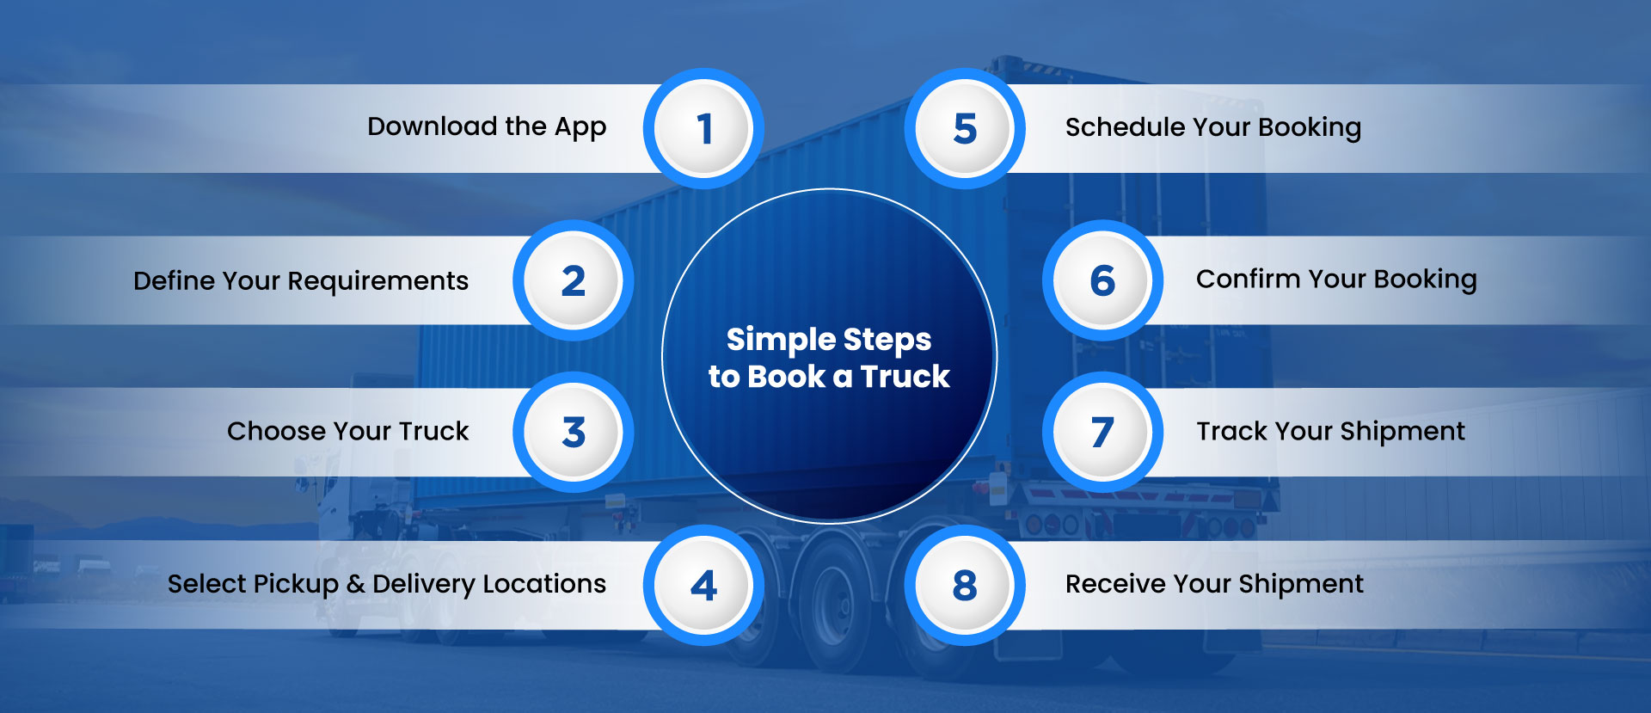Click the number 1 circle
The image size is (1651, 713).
tap(703, 129)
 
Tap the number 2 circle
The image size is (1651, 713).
tap(573, 281)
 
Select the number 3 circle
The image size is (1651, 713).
tap(573, 433)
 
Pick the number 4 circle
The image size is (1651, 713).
tap(703, 586)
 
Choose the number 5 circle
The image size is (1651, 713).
tap(965, 129)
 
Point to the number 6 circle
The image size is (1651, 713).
tap(1102, 281)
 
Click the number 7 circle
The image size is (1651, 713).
tap(1102, 433)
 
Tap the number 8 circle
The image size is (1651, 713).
tap(965, 586)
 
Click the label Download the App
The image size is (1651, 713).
tap(487, 127)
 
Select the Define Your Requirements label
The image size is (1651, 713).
tap(301, 281)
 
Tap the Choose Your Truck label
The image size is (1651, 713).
tap(347, 431)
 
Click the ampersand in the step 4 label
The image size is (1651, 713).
tap(355, 585)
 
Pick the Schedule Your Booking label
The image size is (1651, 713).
tap(1212, 127)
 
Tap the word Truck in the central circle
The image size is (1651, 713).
tap(905, 377)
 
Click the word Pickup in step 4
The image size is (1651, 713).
tap(296, 585)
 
